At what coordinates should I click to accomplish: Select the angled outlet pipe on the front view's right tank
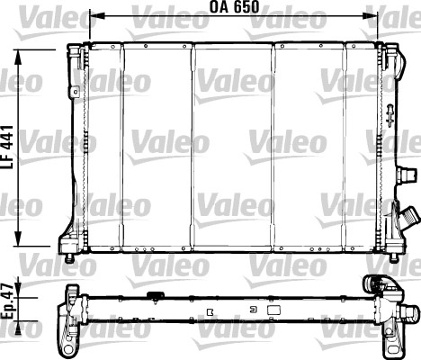point(409,218)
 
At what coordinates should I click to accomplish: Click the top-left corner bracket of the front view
point(76,58)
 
